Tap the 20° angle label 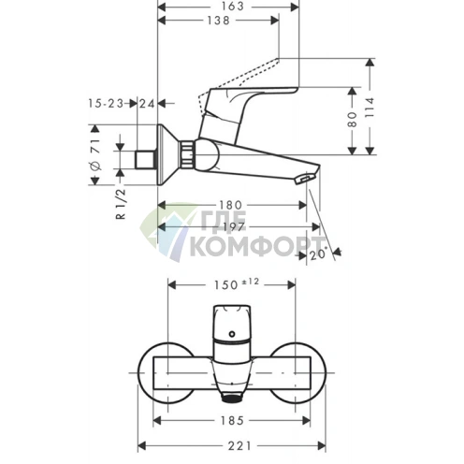[x=317, y=254]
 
